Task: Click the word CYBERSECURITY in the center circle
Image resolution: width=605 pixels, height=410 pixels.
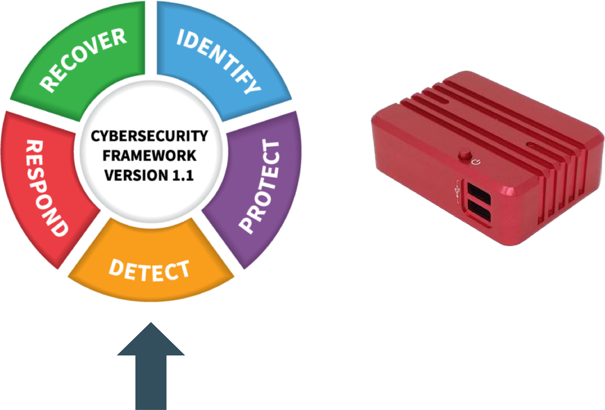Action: tap(149, 136)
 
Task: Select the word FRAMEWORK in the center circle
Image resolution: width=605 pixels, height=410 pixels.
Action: tap(149, 156)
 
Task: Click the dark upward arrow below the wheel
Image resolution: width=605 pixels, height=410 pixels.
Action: tap(151, 366)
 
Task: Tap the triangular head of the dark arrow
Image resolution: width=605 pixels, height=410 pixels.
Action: tap(151, 339)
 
